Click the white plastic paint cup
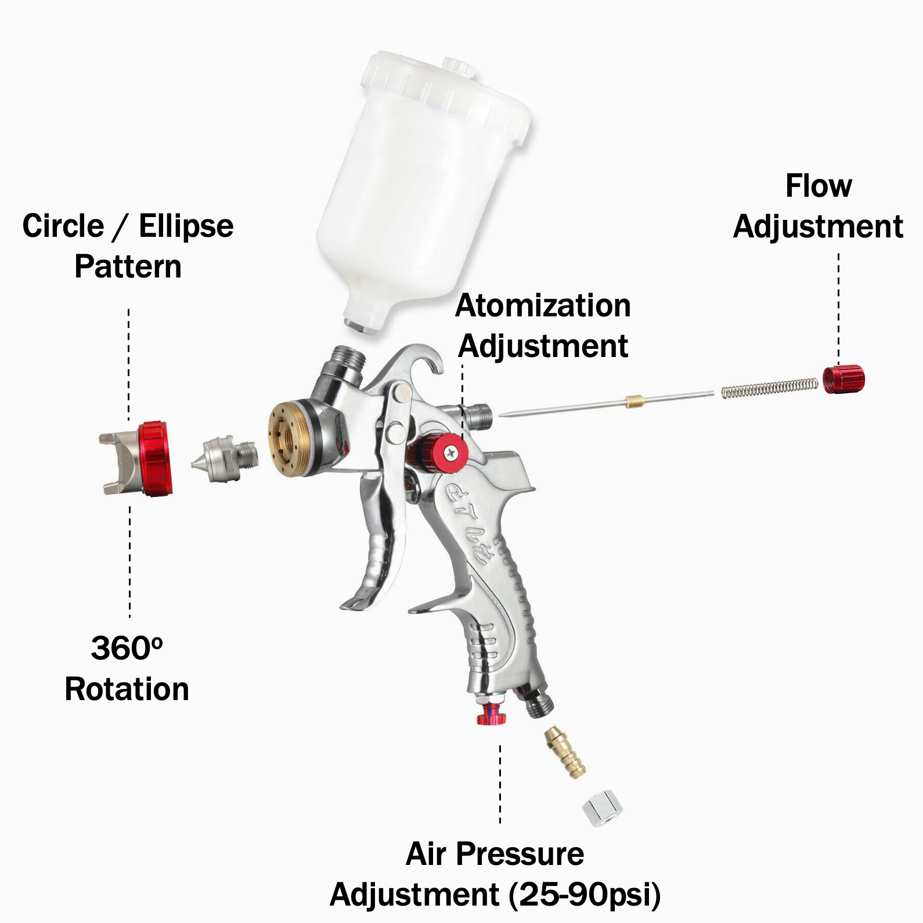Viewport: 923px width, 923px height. coord(424,192)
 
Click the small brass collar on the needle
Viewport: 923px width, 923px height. coord(634,401)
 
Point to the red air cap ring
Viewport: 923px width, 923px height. coord(155,459)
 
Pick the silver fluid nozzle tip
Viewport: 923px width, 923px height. coord(224,459)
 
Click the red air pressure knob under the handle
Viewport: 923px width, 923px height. coord(491,713)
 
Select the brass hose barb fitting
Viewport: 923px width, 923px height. coord(565,752)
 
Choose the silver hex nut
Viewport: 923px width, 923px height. coord(602,807)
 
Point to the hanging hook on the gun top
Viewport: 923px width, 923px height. coord(415,360)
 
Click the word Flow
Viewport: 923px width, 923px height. coord(819,186)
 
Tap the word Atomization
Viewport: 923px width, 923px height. coord(543,306)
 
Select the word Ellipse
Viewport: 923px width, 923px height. coord(186,227)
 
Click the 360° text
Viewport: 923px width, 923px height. coord(127,648)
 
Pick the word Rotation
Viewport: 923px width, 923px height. coord(127,690)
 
